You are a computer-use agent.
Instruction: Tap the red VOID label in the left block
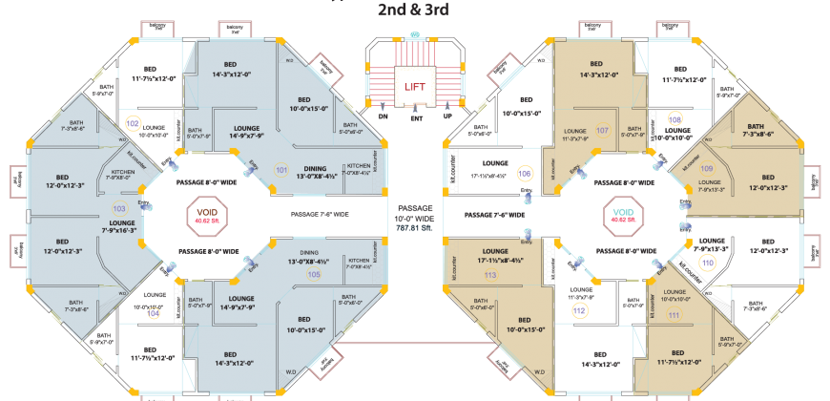pyautogui.click(x=206, y=213)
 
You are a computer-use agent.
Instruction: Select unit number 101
pyautogui.click(x=281, y=170)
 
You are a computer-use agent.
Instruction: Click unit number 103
pyautogui.click(x=118, y=207)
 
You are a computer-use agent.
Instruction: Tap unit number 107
pyautogui.click(x=602, y=130)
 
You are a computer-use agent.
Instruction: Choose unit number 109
pyautogui.click(x=706, y=168)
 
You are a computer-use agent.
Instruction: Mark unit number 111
pyautogui.click(x=674, y=315)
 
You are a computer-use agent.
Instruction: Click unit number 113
pyautogui.click(x=490, y=275)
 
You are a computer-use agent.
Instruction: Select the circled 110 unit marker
pyautogui.click(x=708, y=263)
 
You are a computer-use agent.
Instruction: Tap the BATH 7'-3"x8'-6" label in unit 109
pyautogui.click(x=755, y=131)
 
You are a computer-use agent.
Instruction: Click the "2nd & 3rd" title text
pyautogui.click(x=413, y=10)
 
